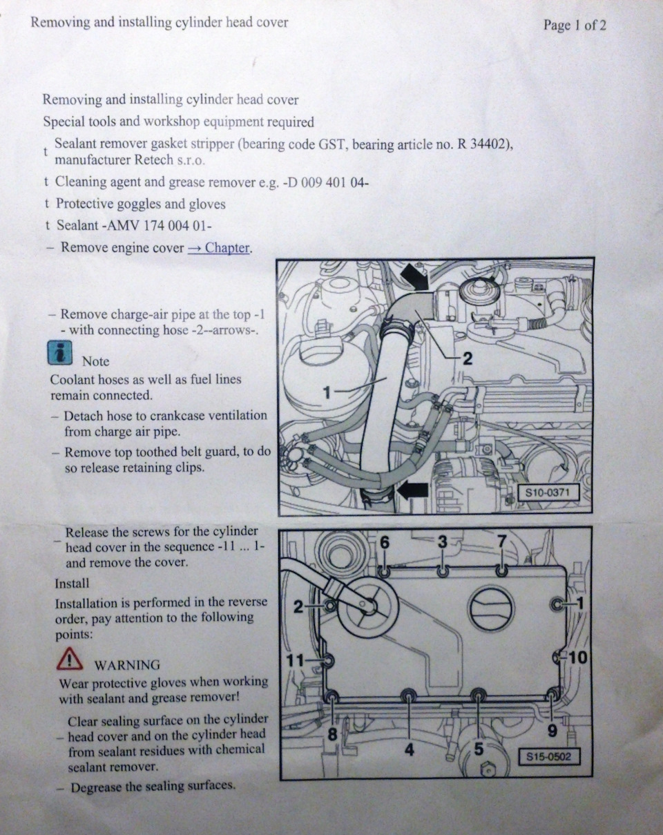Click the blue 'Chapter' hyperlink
[x=219, y=247]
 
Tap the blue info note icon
[x=60, y=353]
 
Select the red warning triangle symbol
[x=70, y=658]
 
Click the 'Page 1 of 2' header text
[x=575, y=26]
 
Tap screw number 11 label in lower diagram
[x=295, y=660]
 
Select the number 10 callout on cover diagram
[x=579, y=658]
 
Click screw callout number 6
[x=384, y=542]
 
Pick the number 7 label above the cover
[x=502, y=541]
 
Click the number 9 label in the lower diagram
[x=552, y=731]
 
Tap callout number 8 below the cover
[x=332, y=734]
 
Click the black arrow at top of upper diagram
[x=415, y=276]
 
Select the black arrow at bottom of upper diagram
[x=413, y=492]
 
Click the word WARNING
[x=127, y=665]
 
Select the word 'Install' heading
[x=72, y=584]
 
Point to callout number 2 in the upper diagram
[x=468, y=359]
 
